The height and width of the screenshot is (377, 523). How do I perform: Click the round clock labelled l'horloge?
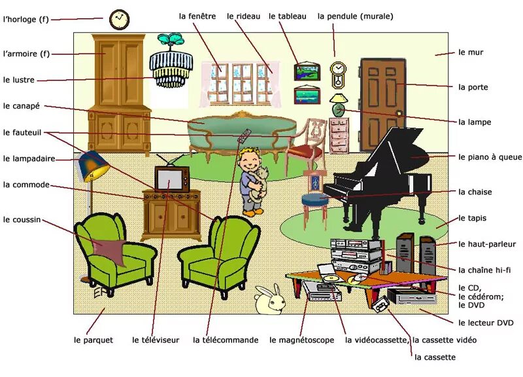click(119, 19)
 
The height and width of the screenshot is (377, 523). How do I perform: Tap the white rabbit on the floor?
click(267, 300)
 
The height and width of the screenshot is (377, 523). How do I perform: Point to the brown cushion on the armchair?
click(110, 251)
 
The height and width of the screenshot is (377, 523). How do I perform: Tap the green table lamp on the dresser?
click(339, 105)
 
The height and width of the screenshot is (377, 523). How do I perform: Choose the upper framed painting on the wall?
click(307, 71)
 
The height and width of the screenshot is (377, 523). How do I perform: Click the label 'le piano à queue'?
click(490, 157)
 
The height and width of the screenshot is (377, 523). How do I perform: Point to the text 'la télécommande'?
click(226, 340)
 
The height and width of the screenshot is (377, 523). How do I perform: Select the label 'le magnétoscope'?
click(301, 340)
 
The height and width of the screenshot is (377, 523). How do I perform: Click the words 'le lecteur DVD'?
click(486, 323)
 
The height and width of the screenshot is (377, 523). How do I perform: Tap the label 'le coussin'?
click(22, 220)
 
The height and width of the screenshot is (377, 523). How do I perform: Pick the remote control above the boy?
click(245, 137)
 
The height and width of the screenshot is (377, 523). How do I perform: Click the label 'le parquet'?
click(93, 340)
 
